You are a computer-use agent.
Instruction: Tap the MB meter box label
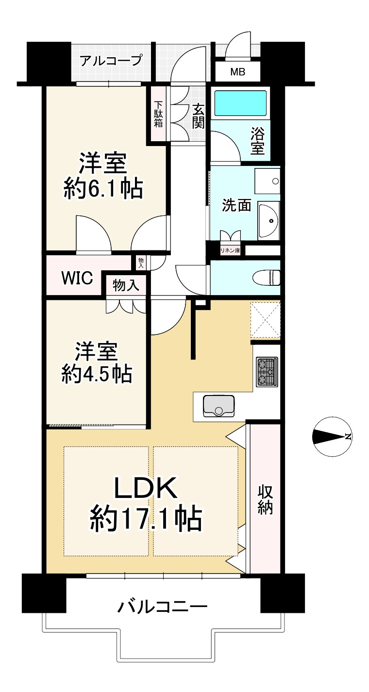coord(237,72)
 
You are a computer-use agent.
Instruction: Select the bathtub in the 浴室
coord(240,102)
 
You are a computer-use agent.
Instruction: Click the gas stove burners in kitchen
coord(267,372)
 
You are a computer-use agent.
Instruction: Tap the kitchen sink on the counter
coord(218,406)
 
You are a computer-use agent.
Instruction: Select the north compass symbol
coord(332,437)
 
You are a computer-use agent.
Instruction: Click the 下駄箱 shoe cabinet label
coord(159,114)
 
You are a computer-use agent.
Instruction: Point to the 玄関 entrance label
coord(197,116)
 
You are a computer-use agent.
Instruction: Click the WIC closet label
coord(77,279)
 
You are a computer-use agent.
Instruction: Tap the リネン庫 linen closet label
coord(230,251)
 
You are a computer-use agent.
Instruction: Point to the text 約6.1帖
coord(103,189)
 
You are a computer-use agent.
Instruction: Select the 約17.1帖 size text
coord(146,520)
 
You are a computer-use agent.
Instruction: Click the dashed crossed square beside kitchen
coord(266,320)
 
